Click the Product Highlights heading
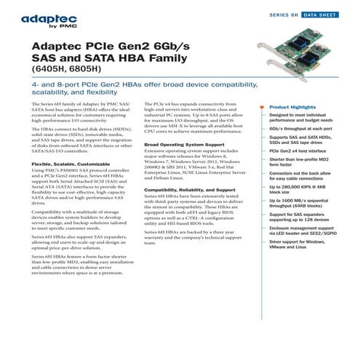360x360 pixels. pyautogui.click(x=297, y=107)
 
